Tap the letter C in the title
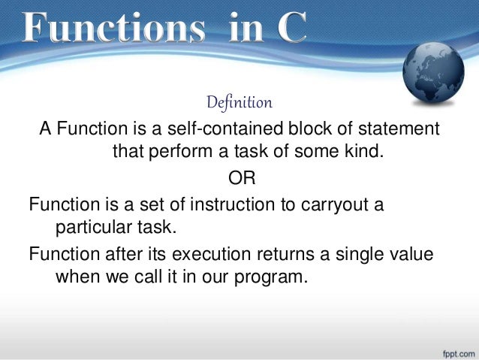(288, 29)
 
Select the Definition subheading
(239, 101)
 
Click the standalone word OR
(239, 178)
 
